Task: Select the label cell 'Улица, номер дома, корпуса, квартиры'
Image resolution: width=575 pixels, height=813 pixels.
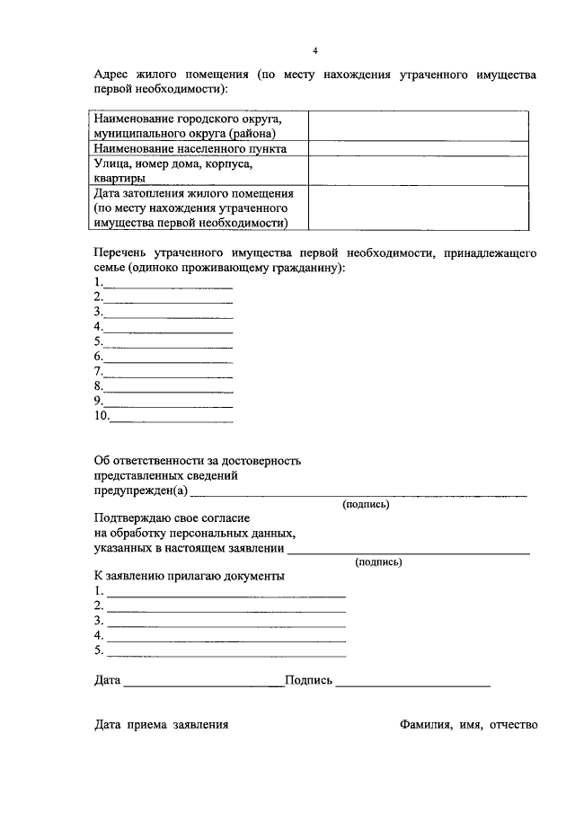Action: pyautogui.click(x=200, y=171)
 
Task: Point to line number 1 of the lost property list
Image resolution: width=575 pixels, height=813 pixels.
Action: pyautogui.click(x=167, y=283)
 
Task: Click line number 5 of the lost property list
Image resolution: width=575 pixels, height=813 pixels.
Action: pyautogui.click(x=167, y=341)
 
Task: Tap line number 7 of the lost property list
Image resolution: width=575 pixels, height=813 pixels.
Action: pyautogui.click(x=167, y=371)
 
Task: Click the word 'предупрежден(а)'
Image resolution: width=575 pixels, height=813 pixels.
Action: pyautogui.click(x=141, y=490)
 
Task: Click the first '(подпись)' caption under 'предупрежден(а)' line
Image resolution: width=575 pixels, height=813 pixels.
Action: pyautogui.click(x=367, y=505)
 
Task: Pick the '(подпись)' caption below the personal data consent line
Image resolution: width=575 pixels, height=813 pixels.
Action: pyautogui.click(x=379, y=562)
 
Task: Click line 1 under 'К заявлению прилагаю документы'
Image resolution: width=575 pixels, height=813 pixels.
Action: pyautogui.click(x=225, y=592)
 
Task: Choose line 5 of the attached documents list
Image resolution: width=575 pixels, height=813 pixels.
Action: pyautogui.click(x=225, y=650)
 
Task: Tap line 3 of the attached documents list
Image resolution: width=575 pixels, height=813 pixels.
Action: pyautogui.click(x=225, y=621)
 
